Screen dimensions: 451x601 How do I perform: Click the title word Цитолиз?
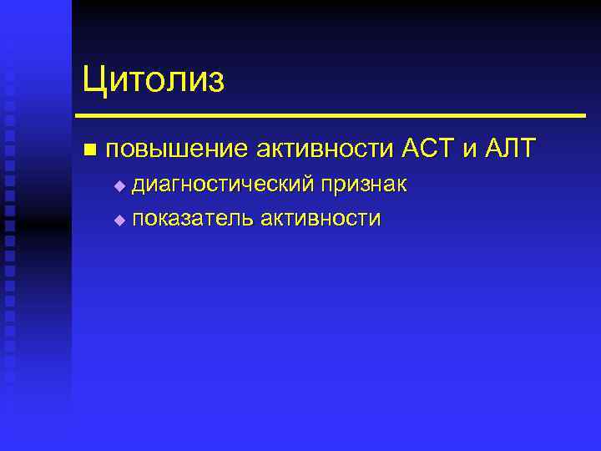154,81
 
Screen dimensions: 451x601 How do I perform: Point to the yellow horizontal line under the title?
330,115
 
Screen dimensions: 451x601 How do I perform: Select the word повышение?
177,149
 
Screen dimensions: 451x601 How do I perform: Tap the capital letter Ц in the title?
94,81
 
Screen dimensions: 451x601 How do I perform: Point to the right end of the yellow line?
583,115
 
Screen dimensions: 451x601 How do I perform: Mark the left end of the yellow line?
78,115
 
